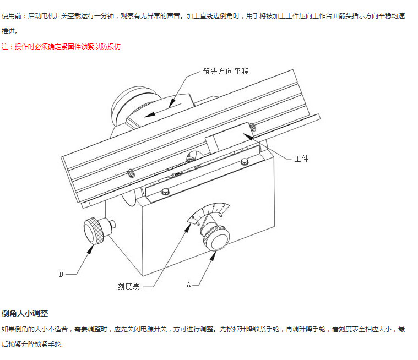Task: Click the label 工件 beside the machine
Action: [x=301, y=159]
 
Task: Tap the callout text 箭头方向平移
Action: [x=226, y=71]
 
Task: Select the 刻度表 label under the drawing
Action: [x=129, y=286]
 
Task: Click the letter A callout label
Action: [x=188, y=285]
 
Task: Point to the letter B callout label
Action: [x=61, y=274]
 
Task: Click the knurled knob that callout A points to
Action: [x=216, y=238]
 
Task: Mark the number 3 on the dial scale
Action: [x=224, y=206]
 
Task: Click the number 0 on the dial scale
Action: [x=193, y=217]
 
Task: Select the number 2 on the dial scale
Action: [x=214, y=206]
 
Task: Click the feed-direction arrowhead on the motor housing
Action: [x=150, y=114]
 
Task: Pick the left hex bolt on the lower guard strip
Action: [x=165, y=192]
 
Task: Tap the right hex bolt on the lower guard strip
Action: [x=244, y=161]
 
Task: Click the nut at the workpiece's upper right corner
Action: [x=252, y=127]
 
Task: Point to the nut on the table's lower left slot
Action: [x=131, y=173]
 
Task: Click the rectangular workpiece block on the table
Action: [x=229, y=139]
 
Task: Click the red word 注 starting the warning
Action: [x=4, y=47]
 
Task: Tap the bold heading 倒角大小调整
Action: [x=25, y=313]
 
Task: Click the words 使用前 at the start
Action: [x=12, y=16]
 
